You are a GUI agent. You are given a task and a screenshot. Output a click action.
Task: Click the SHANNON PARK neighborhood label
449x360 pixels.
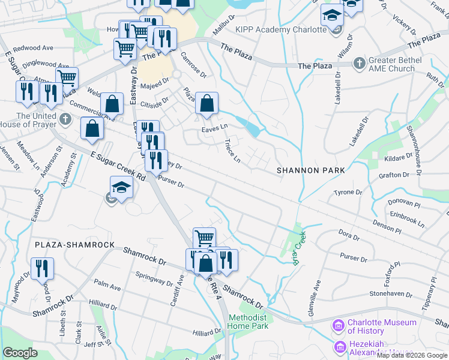pos(311,170)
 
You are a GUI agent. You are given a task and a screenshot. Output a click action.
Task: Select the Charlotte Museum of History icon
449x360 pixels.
pos(338,326)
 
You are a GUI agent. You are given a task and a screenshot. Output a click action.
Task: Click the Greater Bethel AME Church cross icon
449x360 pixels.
pos(359,63)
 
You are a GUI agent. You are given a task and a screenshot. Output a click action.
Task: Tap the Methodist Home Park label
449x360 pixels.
pos(247,322)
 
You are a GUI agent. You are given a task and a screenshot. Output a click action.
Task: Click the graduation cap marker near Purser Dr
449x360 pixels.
pos(122,188)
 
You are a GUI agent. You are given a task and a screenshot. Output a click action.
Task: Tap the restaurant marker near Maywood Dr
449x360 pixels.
pos(41,268)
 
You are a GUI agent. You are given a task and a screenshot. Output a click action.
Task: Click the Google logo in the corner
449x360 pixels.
pos(20,353)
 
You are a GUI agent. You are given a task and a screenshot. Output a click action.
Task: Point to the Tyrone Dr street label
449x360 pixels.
pos(348,193)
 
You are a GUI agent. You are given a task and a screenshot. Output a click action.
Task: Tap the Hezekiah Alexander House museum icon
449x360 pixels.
pos(339,347)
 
